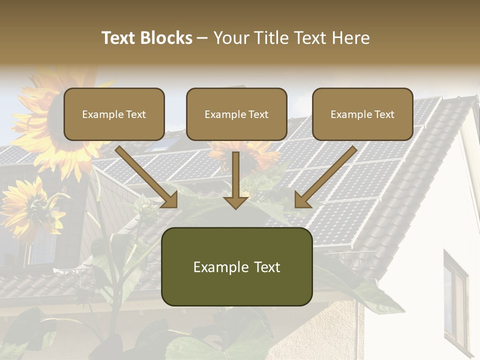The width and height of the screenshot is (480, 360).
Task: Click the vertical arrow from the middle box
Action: (x=236, y=180)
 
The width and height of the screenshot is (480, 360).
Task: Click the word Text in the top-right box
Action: (x=384, y=114)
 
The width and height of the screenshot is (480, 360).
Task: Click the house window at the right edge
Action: (x=455, y=300)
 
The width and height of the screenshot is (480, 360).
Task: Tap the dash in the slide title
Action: (x=202, y=38)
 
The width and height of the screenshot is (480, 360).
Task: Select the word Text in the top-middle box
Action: (x=258, y=114)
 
